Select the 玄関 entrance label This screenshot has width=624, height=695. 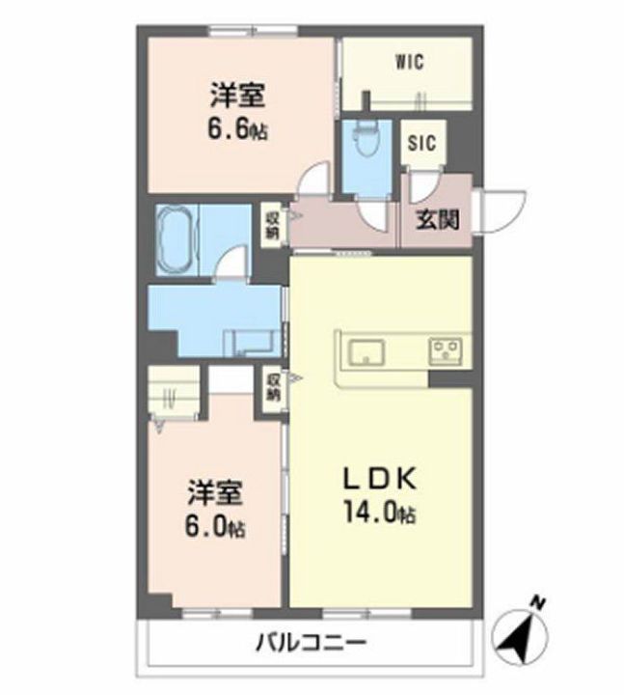[x=437, y=219]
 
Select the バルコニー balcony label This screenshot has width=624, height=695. [x=311, y=642]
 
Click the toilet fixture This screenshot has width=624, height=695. [x=364, y=145]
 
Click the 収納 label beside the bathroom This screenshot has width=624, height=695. [x=272, y=225]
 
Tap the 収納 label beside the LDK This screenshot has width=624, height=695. [x=273, y=387]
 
